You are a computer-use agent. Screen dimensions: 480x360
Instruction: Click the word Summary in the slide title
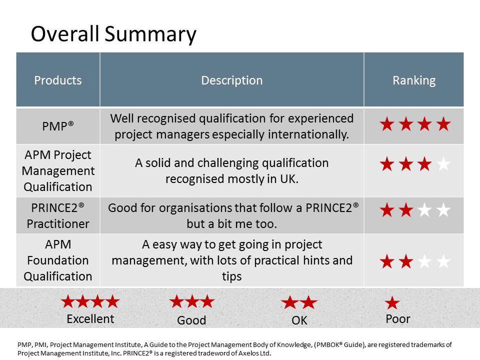150,34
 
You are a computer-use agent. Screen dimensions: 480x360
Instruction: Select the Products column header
58,80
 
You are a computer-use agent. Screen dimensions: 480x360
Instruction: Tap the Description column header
231,80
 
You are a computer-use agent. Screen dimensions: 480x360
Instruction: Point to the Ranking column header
414,80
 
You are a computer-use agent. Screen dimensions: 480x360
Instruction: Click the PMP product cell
58,126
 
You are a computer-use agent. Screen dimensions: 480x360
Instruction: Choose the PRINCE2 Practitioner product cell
58,216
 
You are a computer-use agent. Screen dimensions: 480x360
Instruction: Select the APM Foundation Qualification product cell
58,260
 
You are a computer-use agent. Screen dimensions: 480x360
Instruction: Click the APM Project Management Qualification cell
58,171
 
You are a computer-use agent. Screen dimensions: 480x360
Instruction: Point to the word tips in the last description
231,276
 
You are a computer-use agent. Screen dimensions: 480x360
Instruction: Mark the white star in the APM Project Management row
443,164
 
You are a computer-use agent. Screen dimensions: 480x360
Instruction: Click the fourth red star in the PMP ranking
443,124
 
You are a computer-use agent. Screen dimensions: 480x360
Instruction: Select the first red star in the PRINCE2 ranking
387,210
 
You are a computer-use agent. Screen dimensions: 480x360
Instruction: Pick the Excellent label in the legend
90,319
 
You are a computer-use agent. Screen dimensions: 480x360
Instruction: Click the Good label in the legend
191,320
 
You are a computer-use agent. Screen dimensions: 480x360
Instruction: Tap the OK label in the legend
299,320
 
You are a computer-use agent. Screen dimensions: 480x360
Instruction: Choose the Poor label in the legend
397,319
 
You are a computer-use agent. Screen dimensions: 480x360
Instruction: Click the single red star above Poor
392,303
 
